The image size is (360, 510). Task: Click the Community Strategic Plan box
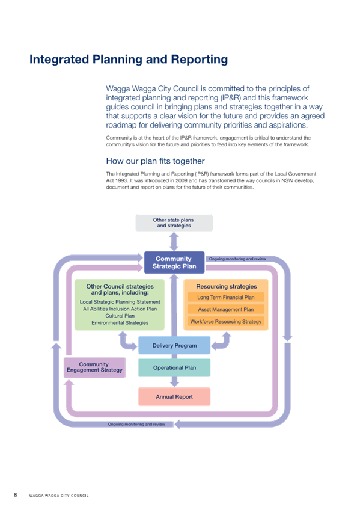174,262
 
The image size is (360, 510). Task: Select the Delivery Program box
174,345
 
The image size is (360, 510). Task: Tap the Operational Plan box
174,368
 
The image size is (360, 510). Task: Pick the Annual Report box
174,397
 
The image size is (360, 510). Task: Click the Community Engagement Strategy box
94,367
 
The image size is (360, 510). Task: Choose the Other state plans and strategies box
174,223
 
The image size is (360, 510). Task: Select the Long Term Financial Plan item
226,297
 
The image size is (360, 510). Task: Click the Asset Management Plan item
226,309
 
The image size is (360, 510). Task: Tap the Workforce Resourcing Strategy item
226,321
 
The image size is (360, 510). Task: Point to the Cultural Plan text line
120,316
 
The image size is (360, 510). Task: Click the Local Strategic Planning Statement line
120,302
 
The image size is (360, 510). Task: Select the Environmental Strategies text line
120,322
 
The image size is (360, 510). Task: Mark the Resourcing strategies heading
227,286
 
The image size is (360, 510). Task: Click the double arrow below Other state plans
174,242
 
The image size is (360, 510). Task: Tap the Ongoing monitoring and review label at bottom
136,424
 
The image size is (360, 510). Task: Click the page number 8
15,495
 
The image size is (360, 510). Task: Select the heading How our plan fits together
155,161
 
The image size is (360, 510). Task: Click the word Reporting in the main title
200,60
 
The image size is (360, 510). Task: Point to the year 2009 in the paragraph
182,180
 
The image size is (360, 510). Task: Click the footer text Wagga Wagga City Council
59,496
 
